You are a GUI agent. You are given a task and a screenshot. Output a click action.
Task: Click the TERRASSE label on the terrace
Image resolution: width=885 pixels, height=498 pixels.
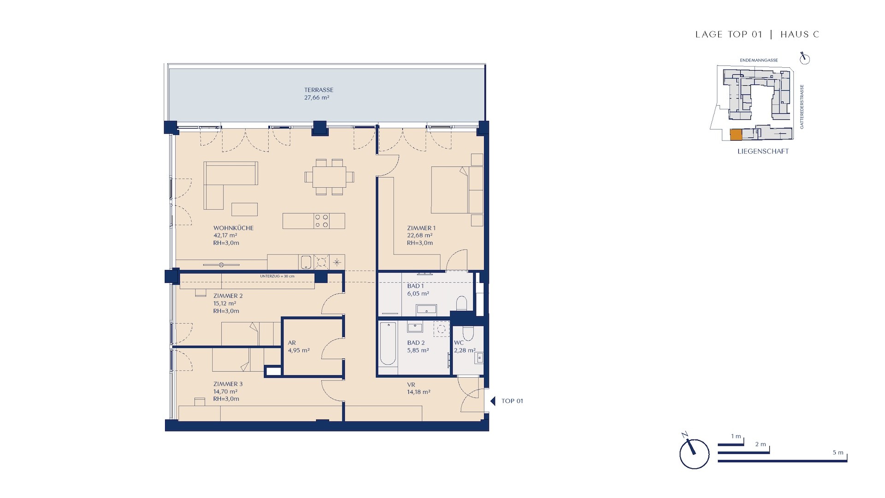point(319,90)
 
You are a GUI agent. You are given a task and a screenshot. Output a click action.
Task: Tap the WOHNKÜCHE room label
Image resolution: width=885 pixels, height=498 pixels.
point(233,228)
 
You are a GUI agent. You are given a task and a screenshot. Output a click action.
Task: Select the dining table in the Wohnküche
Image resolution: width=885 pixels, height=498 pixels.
point(330,177)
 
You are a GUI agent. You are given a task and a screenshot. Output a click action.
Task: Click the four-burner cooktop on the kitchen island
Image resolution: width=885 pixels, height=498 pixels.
point(321,221)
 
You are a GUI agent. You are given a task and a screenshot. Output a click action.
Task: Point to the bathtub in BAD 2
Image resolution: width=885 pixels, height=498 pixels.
point(388,344)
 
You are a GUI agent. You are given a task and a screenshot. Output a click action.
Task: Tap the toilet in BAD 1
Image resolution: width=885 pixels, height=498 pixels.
point(461,303)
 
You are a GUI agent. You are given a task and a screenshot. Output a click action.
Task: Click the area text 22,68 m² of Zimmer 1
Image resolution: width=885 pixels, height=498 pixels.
point(419,235)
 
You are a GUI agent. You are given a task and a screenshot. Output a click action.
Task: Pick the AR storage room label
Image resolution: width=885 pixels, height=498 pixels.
point(292,343)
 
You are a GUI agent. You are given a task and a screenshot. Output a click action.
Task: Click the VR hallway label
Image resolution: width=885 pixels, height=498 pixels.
point(411,385)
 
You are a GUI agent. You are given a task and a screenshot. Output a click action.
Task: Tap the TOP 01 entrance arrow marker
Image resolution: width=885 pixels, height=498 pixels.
point(492,401)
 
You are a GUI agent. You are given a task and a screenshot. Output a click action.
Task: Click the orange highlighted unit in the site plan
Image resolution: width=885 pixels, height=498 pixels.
point(736,135)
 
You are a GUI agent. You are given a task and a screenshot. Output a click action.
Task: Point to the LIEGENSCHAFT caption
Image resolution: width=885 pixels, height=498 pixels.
point(763,151)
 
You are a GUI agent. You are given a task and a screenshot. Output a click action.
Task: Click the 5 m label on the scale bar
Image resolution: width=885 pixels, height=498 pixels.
point(838,452)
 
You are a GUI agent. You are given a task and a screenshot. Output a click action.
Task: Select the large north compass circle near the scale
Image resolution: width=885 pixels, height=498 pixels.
point(694,454)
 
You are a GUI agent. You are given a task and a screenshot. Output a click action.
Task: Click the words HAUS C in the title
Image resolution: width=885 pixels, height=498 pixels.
point(800,34)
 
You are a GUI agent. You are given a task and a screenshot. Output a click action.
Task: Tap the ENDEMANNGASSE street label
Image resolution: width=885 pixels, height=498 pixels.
point(759,60)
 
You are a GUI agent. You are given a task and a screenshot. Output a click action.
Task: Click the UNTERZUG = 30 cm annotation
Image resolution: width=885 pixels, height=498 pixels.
point(277,276)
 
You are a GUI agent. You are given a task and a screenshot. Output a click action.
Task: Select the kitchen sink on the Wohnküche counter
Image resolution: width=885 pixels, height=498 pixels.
point(307,262)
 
